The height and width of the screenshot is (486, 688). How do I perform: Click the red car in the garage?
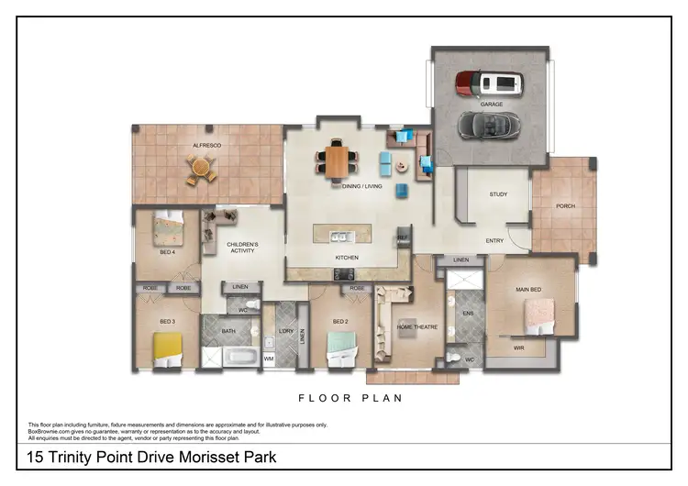tap(489, 84)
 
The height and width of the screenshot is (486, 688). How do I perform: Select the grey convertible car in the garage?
tap(488, 122)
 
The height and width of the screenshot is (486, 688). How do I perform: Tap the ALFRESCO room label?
tap(206, 145)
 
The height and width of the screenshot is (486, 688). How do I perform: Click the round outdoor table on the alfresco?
tap(201, 169)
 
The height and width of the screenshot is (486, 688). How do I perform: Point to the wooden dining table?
tap(338, 161)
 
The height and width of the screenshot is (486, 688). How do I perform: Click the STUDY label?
tap(498, 194)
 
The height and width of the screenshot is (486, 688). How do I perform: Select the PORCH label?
tap(566, 206)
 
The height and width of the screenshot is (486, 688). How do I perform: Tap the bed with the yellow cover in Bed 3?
tap(168, 348)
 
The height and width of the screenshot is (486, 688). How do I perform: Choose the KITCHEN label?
tap(346, 258)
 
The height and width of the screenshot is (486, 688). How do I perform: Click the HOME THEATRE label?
tap(416, 326)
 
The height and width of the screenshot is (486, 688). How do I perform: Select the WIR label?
tap(518, 349)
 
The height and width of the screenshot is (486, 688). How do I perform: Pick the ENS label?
tap(467, 314)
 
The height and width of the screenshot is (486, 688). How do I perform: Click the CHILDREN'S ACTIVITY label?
tap(243, 248)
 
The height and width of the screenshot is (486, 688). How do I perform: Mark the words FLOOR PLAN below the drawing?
tap(351, 399)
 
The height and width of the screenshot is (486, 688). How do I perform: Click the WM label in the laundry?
tap(269, 359)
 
